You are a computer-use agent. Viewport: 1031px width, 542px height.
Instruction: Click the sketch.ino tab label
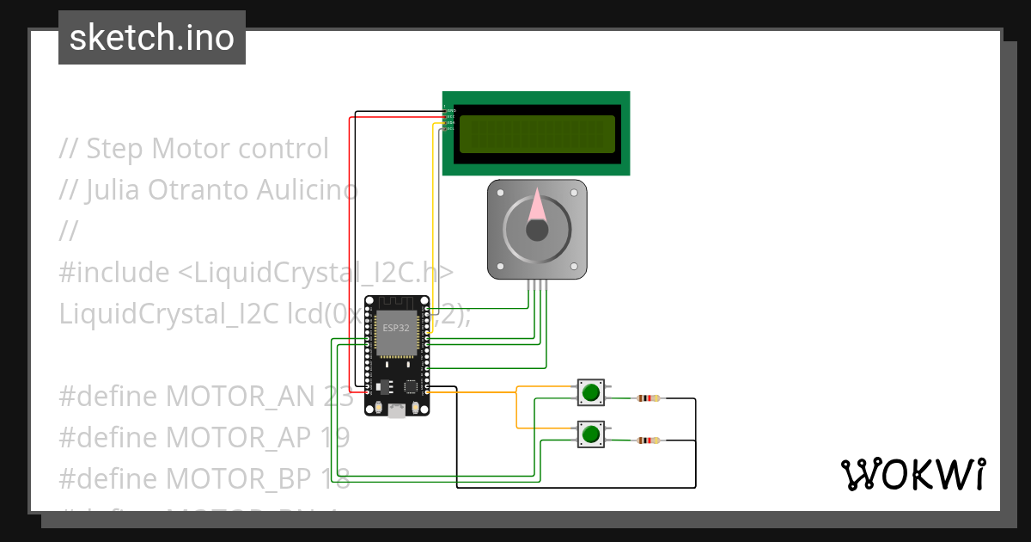pos(152,38)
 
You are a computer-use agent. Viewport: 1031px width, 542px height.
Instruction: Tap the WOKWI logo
pos(912,474)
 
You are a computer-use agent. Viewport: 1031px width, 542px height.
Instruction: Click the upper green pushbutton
pos(589,393)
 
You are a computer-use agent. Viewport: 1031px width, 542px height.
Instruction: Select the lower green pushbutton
pos(589,434)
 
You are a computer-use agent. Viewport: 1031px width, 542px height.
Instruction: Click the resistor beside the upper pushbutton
pos(649,398)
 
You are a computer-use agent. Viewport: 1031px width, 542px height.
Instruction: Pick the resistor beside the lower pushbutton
pos(649,440)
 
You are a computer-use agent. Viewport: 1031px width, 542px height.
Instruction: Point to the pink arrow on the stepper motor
pos(538,205)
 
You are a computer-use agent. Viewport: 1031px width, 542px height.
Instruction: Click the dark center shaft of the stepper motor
pos(537,230)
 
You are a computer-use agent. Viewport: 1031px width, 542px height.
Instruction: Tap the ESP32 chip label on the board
pos(396,328)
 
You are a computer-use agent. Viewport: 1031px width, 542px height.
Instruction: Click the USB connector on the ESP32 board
pos(397,411)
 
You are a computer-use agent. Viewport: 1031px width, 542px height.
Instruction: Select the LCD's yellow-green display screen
pos(537,134)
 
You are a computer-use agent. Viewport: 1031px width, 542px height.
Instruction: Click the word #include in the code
pos(114,273)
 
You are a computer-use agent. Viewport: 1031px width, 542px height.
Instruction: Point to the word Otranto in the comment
pos(200,190)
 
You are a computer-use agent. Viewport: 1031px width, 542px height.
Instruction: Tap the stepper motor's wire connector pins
pos(537,285)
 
